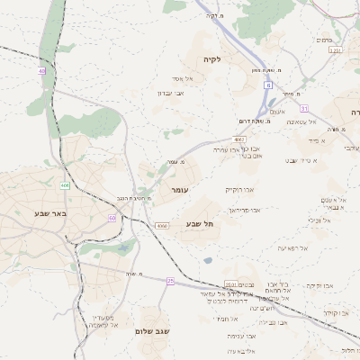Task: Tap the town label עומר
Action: pos(177,192)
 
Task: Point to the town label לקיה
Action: pos(237,58)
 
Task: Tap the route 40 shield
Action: pos(41,70)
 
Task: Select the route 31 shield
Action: pos(304,108)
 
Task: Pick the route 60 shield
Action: pos(112,218)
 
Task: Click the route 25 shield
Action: pos(170,281)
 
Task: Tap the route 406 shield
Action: pos(65,185)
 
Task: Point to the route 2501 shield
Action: pos(231,283)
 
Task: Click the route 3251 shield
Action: pos(336,50)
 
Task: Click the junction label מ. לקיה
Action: pos(213,15)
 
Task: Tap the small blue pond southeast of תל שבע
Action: pos(208,261)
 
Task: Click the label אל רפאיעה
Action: pos(292,247)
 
